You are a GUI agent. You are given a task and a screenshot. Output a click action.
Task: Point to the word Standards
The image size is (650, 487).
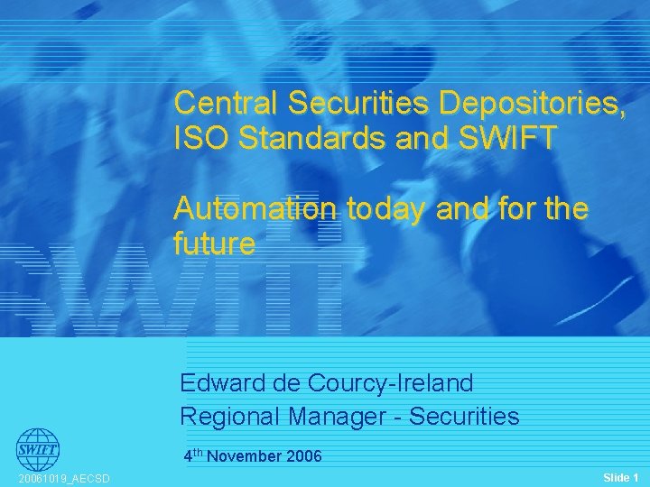tap(317, 139)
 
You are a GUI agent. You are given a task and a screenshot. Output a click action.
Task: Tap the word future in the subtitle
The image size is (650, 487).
tap(215, 244)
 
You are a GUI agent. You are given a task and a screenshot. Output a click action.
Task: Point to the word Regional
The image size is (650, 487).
tap(229, 417)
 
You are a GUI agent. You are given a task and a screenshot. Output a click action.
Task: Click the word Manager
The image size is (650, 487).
tap(346, 417)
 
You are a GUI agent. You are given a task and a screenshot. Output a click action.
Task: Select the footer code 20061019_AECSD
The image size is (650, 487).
tap(64, 479)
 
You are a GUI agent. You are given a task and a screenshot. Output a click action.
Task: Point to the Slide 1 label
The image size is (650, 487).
tap(620, 476)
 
